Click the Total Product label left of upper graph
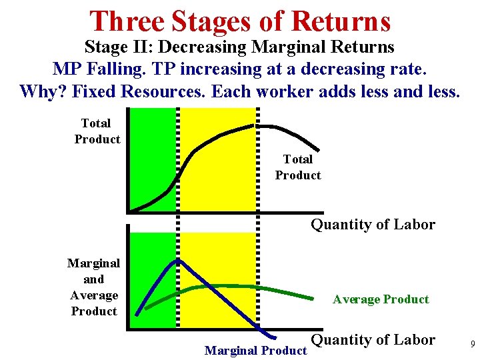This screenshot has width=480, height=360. pos(97,131)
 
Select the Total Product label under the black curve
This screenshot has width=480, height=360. pos(298,167)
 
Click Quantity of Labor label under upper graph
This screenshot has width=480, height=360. pos(373,225)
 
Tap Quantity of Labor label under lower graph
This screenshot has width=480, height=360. pos(373,340)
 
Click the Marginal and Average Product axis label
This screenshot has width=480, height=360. pos(94,287)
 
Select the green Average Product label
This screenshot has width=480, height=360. pos(381,299)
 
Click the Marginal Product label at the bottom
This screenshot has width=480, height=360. pos(255,350)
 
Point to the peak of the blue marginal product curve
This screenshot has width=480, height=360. pos(177,261)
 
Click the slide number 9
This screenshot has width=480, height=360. pos(472,345)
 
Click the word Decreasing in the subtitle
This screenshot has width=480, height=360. pos(209,47)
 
